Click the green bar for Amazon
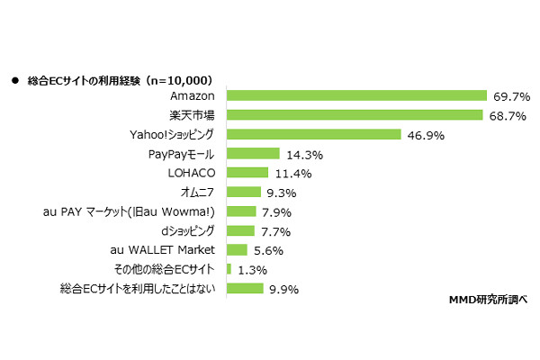coord(356,95)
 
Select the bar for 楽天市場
coord(355,114)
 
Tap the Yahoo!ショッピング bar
coord(313,134)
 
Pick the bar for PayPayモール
coord(253,153)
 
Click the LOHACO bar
coord(247,173)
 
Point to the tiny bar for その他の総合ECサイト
coord(229,269)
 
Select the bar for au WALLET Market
coord(237,250)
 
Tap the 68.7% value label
coord(506,115)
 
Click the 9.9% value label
coord(281,289)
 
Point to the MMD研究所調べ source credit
coord(486,299)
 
